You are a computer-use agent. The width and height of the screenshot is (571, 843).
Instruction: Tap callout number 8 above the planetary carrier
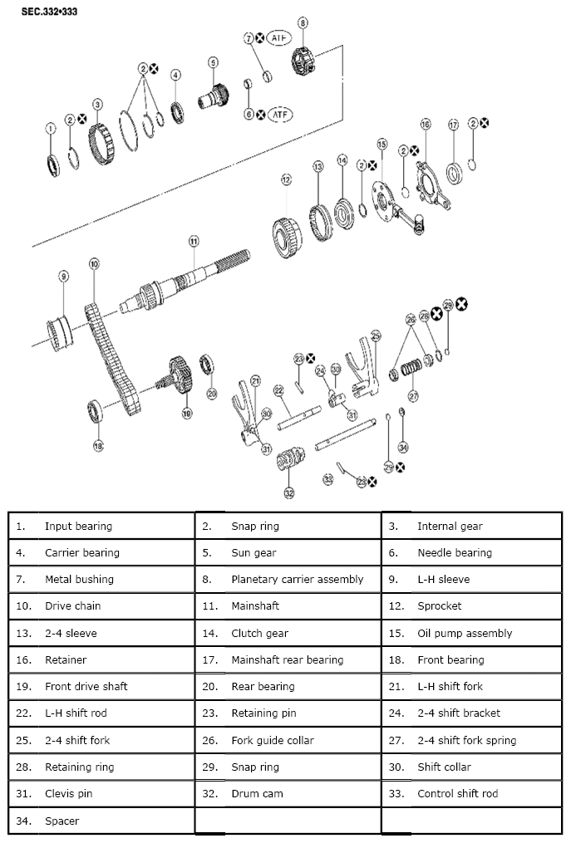(303, 22)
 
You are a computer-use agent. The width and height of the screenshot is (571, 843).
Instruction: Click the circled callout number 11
(193, 241)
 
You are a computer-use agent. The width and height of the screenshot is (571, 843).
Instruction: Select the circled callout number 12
(286, 179)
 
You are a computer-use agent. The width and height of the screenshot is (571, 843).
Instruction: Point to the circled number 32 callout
(288, 493)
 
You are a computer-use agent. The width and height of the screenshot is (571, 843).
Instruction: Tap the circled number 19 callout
(186, 412)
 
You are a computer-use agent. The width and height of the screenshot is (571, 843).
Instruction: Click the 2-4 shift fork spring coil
(411, 369)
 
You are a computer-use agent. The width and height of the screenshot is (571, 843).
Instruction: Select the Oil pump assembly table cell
(465, 633)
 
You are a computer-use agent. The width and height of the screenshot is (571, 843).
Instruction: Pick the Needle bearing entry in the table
(454, 552)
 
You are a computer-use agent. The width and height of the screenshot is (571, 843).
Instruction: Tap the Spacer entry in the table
(62, 821)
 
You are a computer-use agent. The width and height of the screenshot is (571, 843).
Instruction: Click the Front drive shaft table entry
(86, 687)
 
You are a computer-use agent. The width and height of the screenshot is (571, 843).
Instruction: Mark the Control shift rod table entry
(457, 794)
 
